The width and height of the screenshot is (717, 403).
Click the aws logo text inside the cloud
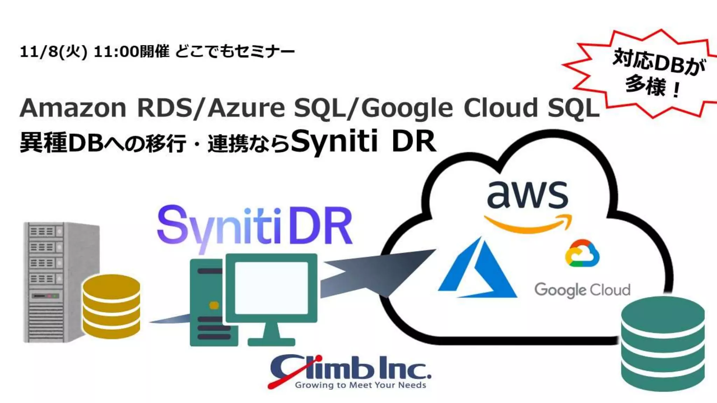click(x=527, y=195)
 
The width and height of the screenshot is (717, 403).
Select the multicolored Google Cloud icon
click(x=582, y=253)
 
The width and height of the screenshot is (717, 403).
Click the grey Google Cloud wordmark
click(x=582, y=290)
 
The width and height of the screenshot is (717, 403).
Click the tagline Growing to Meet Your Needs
click(x=361, y=385)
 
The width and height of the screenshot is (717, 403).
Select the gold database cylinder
click(x=111, y=306)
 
